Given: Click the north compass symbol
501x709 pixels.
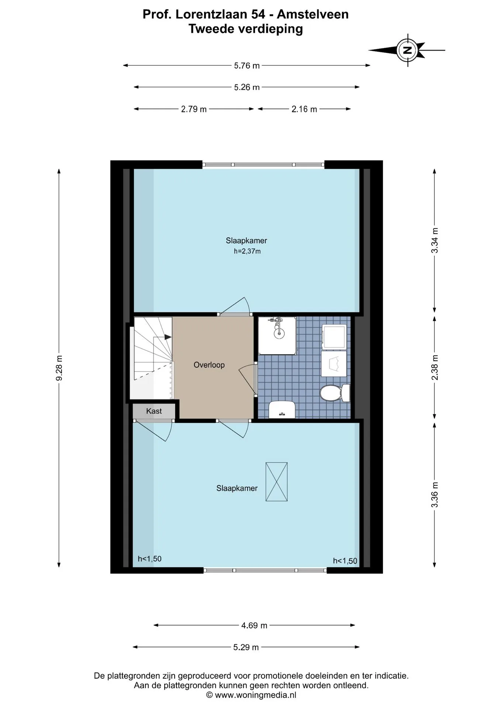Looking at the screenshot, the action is pos(407,50).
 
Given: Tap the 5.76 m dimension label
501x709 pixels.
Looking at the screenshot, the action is pos(247,66).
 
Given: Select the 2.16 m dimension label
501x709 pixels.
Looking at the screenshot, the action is pos(304,109).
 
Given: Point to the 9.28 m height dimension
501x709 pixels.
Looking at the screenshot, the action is pos(59,368).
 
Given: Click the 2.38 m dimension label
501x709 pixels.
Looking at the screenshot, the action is pos(435,367).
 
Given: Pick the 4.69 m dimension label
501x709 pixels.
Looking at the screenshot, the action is pos(254,626).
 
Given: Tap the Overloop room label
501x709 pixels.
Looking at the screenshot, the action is pos(209,365).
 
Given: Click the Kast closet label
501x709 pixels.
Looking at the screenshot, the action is pos(154,411).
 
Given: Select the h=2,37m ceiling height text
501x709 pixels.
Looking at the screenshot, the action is pos(247,251).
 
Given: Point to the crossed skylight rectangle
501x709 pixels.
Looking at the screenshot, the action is pos(276,482).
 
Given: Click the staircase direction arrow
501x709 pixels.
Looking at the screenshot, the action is pos(168,337).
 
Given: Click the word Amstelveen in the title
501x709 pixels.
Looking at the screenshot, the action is pos(313,14).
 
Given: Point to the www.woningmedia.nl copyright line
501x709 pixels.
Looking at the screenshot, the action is pos(251,695).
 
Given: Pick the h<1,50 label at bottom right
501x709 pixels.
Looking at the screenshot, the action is pos(345,561).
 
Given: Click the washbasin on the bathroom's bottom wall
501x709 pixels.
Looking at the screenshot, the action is pos(282,410).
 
